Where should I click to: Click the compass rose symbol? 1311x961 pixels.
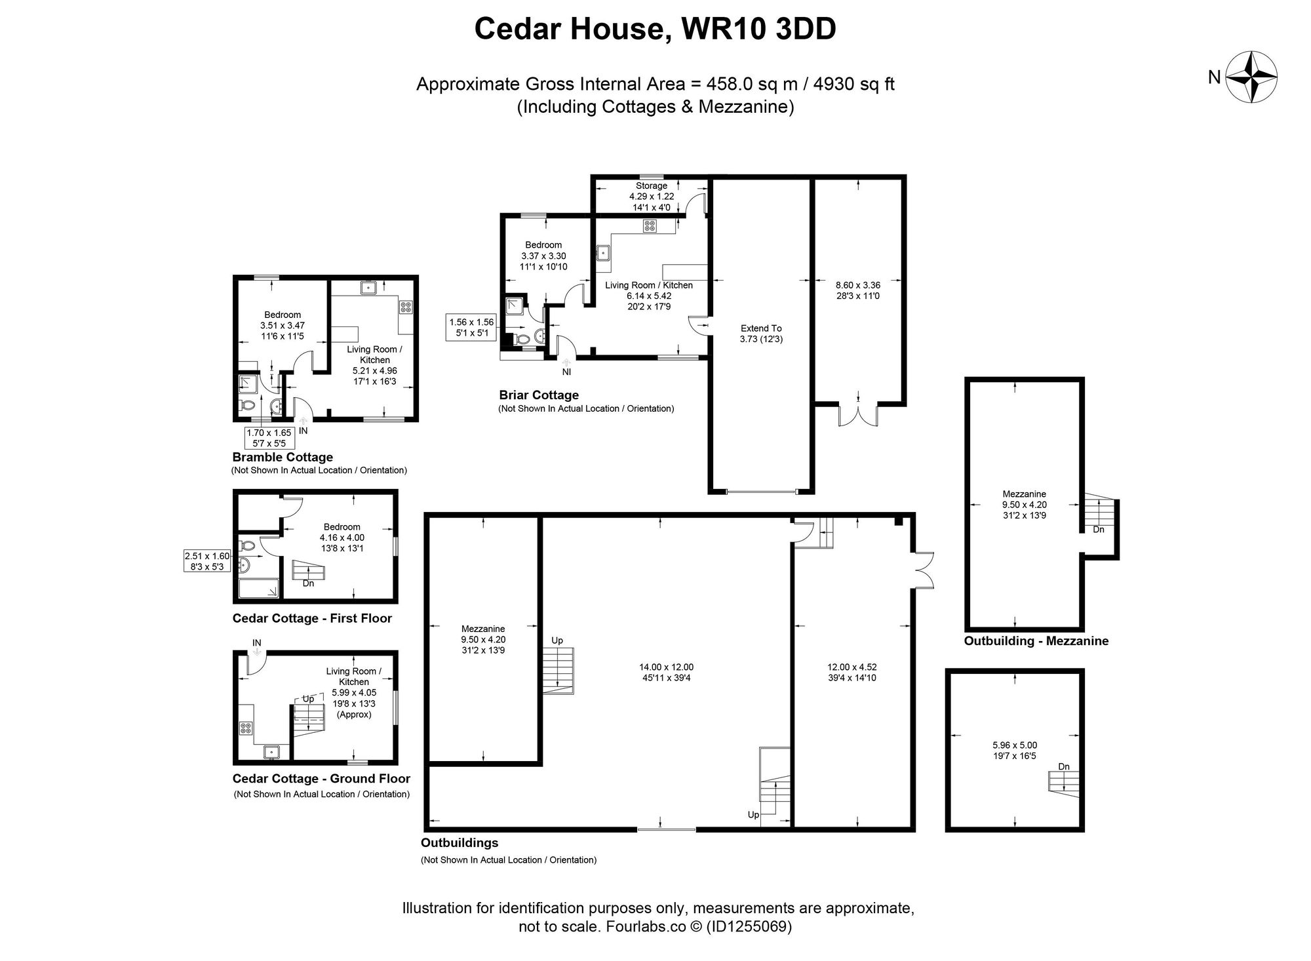(x=1252, y=77)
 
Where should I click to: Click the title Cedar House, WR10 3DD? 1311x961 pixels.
(x=655, y=29)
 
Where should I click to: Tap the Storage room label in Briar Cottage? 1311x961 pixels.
(x=651, y=186)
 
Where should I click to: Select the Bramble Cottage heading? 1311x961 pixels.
(x=283, y=457)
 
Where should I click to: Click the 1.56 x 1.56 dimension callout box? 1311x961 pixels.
(x=471, y=327)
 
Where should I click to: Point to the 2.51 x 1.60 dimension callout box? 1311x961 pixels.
(x=207, y=560)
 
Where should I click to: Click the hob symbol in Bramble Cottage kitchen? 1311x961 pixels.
(x=404, y=306)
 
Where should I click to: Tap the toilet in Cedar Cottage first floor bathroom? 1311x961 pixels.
(x=247, y=545)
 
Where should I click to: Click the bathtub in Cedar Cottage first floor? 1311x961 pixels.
(x=258, y=589)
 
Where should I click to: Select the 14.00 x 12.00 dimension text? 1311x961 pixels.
(x=666, y=672)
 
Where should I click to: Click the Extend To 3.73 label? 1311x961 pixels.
(x=761, y=334)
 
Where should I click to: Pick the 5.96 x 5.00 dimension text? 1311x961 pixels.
(x=1015, y=750)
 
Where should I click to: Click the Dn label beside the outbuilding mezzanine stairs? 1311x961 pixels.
(x=1099, y=529)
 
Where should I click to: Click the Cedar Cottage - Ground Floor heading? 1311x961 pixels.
(x=321, y=779)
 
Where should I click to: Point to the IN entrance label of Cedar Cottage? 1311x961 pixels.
(x=257, y=643)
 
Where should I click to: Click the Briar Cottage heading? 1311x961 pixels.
(x=539, y=395)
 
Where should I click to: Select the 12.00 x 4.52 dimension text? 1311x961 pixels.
(x=851, y=672)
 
